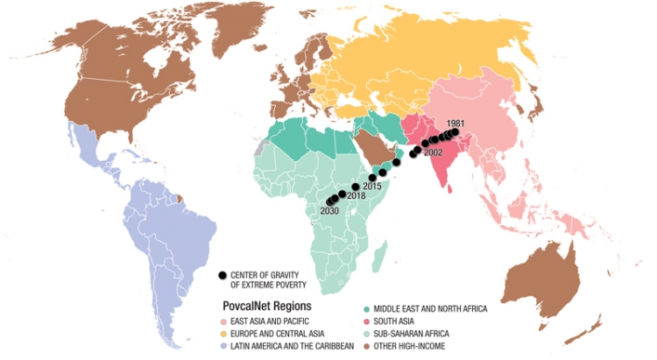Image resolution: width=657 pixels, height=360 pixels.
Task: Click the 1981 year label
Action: click(456, 123)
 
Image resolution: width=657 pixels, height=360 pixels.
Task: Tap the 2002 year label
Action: click(433, 152)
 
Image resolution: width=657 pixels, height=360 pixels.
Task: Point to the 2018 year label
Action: click(355, 197)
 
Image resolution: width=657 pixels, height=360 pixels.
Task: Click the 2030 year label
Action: click(330, 212)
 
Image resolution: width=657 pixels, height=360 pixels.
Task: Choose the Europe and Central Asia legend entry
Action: click(276, 333)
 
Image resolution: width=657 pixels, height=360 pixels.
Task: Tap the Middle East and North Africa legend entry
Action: click(424, 308)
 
